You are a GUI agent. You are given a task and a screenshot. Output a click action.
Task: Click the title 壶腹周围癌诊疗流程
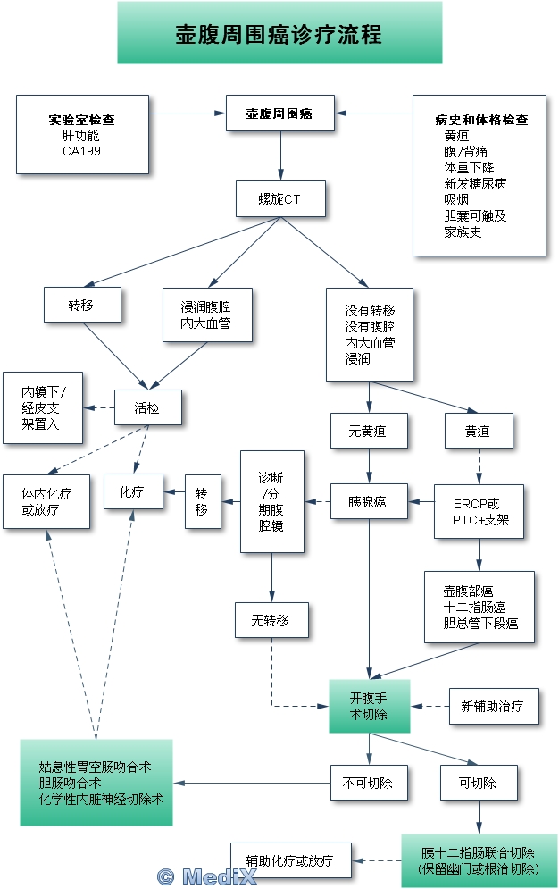click(x=279, y=34)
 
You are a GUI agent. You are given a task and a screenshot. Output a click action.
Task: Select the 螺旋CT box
click(x=280, y=199)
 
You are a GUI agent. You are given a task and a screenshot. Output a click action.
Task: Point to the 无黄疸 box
click(x=369, y=432)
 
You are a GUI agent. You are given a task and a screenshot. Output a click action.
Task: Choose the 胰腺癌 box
click(x=368, y=502)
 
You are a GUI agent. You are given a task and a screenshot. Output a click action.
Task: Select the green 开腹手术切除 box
click(x=368, y=707)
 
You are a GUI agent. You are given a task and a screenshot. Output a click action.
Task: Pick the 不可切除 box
click(x=368, y=784)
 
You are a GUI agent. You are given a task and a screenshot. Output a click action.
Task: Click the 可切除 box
click(x=480, y=784)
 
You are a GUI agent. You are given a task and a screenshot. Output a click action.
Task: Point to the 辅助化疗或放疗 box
click(x=290, y=861)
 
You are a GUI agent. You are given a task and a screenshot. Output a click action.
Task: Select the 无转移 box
click(x=272, y=620)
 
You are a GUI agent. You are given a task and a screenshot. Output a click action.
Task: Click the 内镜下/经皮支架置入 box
click(x=42, y=408)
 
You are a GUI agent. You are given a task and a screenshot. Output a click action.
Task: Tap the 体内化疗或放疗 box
click(x=46, y=501)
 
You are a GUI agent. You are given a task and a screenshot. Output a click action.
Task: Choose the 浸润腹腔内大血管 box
click(x=207, y=315)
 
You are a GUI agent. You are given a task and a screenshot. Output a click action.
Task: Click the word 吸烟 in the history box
click(x=456, y=199)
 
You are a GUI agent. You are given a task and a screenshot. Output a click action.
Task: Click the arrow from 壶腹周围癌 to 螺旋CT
click(x=280, y=157)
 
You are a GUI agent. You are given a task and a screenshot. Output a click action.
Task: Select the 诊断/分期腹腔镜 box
click(x=272, y=501)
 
